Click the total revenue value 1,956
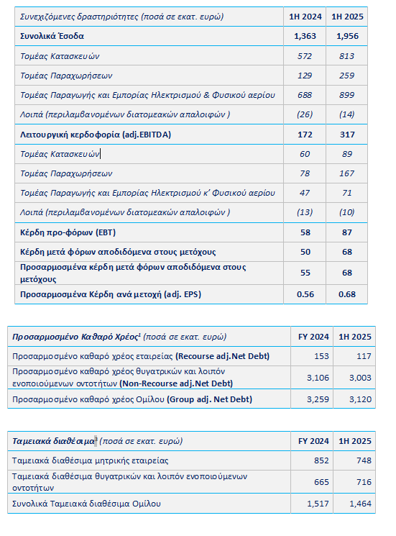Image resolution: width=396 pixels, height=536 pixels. (x=347, y=36)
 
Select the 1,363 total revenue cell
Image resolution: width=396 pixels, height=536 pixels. (x=305, y=36)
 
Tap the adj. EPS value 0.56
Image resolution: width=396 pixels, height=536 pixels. (x=305, y=294)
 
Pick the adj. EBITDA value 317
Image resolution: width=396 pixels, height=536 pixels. (x=347, y=135)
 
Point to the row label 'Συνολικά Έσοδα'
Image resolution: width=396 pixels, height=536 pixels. (x=52, y=36)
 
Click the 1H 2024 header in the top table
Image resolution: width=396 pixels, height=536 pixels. (x=305, y=17)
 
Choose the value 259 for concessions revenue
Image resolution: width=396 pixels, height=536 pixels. (x=347, y=76)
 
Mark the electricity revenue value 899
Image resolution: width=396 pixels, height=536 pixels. (x=347, y=95)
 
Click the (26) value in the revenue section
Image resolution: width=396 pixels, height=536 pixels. (x=305, y=114)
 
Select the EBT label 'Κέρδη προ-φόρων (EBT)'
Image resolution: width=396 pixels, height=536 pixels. (x=68, y=232)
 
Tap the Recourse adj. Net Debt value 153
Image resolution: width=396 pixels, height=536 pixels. (x=321, y=356)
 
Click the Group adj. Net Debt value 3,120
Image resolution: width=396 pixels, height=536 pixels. (x=360, y=399)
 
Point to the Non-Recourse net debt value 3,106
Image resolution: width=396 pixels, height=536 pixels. (x=318, y=378)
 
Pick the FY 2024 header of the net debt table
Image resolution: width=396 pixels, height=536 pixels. (x=313, y=337)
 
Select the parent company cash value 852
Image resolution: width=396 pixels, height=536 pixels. (x=321, y=460)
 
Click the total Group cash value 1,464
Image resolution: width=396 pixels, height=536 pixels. (x=360, y=504)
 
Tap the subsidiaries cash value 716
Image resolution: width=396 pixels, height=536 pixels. (x=364, y=482)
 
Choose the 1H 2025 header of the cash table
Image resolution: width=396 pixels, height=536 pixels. (x=355, y=441)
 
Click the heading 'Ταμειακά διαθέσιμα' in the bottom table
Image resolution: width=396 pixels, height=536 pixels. (x=53, y=441)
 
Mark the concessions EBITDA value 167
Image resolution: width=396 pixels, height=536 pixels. (x=347, y=173)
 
